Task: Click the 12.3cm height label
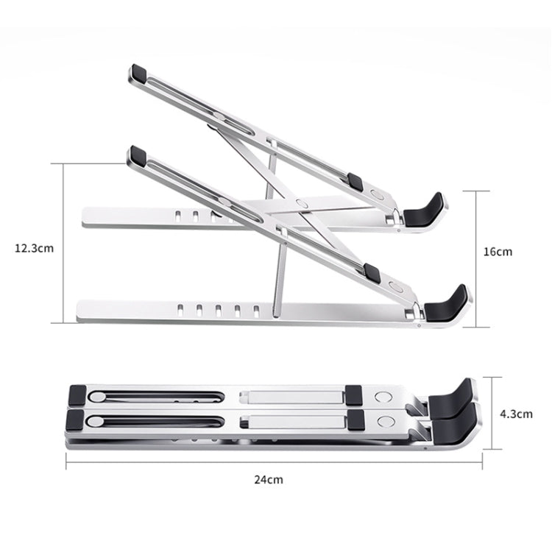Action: pos(34,248)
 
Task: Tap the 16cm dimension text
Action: pos(498,252)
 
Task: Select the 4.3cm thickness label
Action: pos(515,414)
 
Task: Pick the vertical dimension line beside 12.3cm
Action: pos(63,244)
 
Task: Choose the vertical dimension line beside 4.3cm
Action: pos(492,413)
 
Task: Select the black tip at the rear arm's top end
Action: pos(138,73)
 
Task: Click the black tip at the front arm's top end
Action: pos(137,155)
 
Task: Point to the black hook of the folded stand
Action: pos(453,405)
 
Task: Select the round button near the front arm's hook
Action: pos(396,286)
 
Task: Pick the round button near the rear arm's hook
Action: pos(378,196)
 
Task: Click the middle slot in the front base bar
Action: pos(219,308)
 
